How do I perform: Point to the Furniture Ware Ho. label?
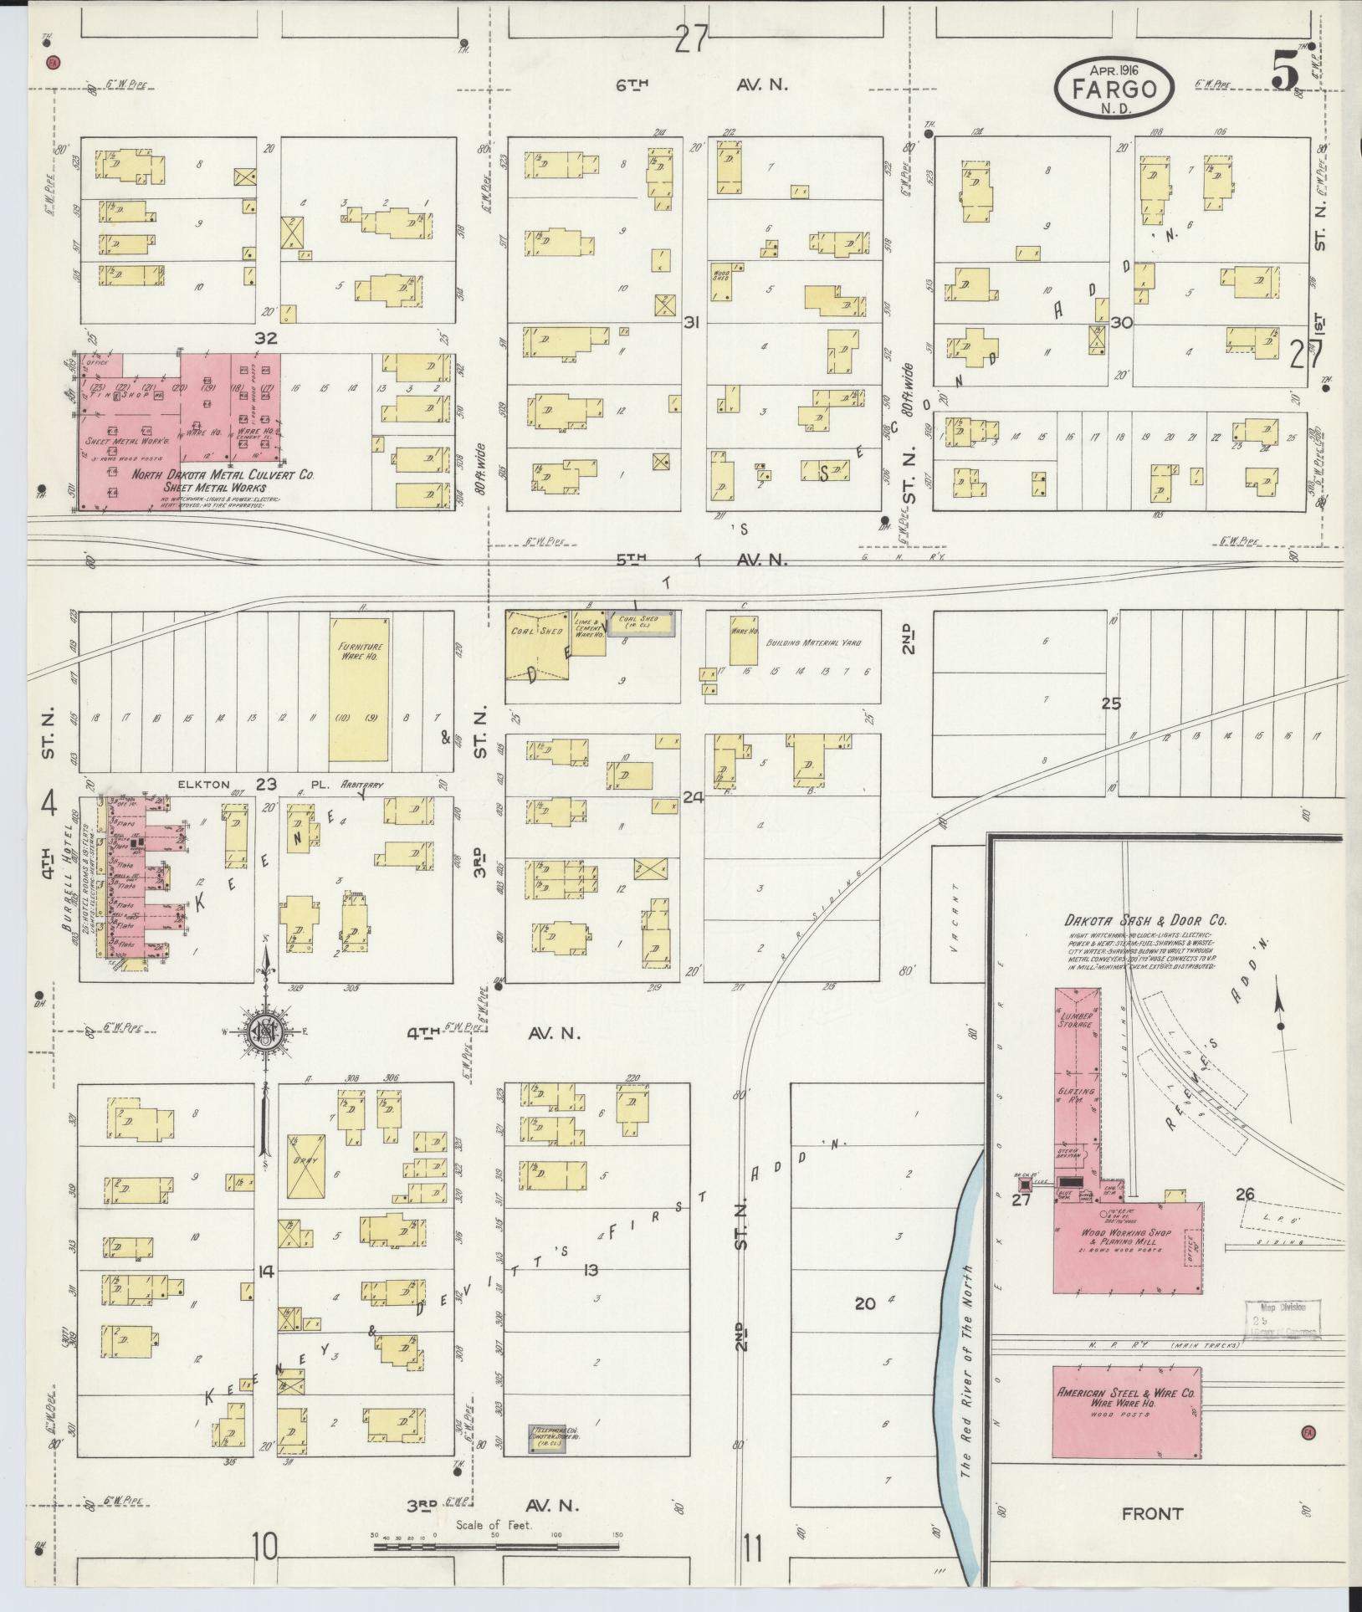[x=360, y=652]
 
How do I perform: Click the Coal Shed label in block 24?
[x=531, y=632]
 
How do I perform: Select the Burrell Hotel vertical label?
[x=70, y=884]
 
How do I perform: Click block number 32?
[x=269, y=338]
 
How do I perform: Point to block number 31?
[x=691, y=322]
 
